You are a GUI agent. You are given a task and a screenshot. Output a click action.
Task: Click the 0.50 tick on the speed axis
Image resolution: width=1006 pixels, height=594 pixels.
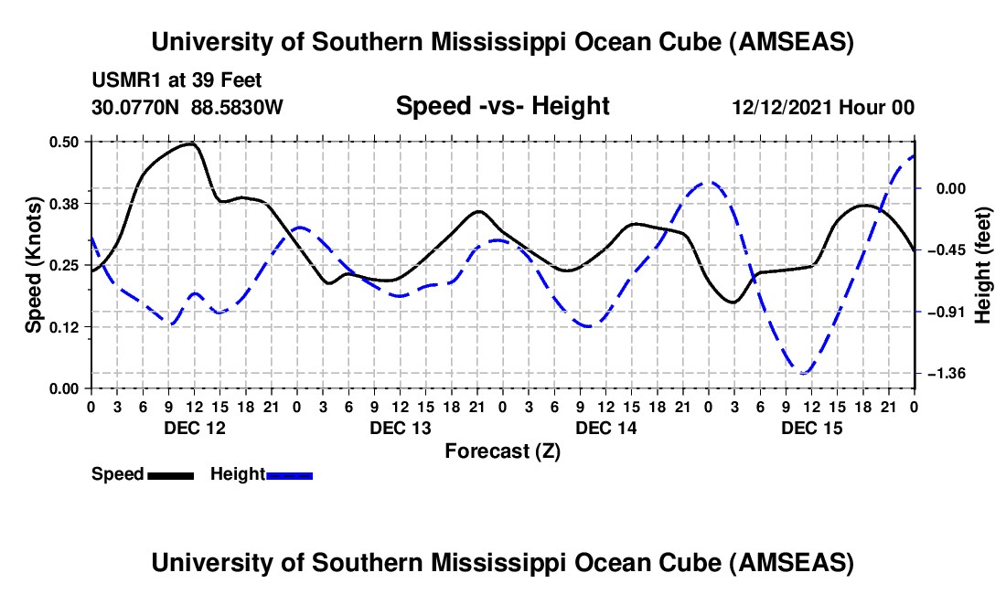[x=65, y=142]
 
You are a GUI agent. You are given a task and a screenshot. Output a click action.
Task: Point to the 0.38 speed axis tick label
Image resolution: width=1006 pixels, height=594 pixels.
[x=65, y=203]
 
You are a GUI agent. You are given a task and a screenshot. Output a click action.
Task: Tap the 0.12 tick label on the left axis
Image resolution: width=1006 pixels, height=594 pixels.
[x=65, y=326]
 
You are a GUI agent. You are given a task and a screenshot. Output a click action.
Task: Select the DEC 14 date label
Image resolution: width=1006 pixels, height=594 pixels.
[x=605, y=428]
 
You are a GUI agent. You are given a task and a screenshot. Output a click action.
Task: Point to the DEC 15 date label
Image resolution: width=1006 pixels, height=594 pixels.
[x=811, y=428]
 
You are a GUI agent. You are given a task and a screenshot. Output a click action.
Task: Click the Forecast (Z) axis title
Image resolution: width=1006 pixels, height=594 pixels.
[x=502, y=451]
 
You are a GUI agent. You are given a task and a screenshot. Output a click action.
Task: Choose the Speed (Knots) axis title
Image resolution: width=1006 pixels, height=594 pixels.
[x=33, y=265]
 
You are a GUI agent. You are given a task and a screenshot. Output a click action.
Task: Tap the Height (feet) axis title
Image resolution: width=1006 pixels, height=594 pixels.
[x=984, y=265]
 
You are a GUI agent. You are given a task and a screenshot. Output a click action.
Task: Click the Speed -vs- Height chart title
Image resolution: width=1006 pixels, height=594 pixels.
[x=502, y=106]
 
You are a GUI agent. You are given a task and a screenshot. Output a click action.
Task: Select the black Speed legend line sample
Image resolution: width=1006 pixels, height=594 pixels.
[x=171, y=474]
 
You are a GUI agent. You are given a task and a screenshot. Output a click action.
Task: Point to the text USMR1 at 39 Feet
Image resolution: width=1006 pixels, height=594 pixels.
[x=176, y=80]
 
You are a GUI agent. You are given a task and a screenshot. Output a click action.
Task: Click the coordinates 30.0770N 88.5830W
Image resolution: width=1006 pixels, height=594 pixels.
[x=187, y=107]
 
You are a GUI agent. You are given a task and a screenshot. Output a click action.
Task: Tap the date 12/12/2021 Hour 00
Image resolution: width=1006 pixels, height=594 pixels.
[x=823, y=107]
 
